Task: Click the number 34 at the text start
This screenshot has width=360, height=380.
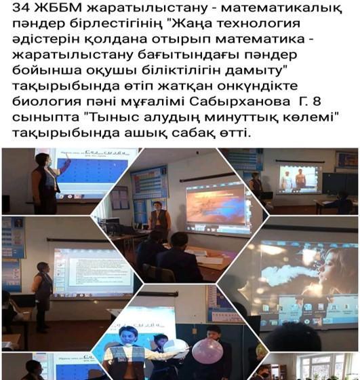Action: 21,7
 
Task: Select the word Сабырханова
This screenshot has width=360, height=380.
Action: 240,101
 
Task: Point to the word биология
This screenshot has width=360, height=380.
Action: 47,101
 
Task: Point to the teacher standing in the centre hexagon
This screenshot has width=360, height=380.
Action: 159,219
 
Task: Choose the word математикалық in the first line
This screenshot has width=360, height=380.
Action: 282,7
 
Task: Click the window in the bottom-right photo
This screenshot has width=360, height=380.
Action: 325,366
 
